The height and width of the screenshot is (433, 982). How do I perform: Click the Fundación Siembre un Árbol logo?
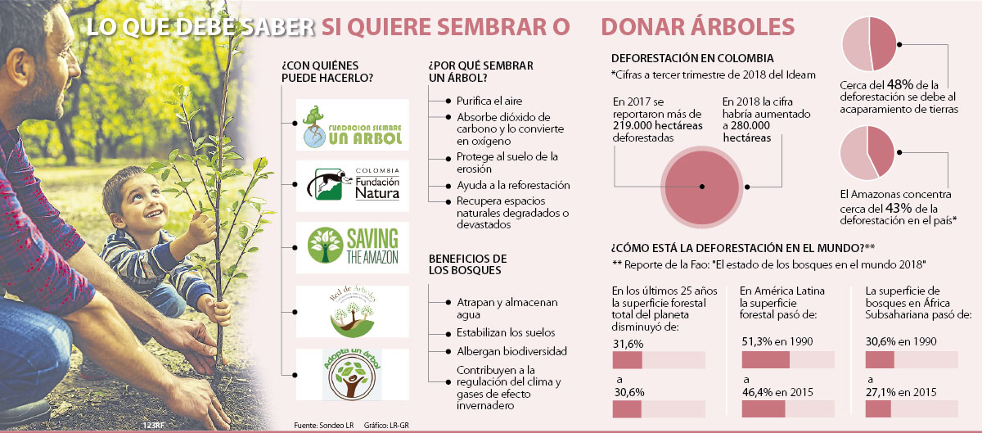point(353,125)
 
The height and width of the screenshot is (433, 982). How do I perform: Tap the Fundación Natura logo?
point(353,186)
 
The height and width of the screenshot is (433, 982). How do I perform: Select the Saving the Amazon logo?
point(353,247)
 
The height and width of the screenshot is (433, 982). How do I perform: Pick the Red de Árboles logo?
point(353,312)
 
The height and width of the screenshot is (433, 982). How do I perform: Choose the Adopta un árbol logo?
point(353,375)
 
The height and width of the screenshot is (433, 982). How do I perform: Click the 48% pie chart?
point(869,44)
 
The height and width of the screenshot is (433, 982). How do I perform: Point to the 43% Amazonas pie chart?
point(867,153)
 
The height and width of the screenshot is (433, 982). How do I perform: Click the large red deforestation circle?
point(702,187)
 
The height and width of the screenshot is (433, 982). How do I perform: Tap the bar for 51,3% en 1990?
point(788,359)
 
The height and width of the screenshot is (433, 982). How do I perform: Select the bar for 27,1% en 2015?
point(912,409)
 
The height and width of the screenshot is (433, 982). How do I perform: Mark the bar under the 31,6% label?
point(659,360)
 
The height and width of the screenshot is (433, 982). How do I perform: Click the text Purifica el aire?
point(489,101)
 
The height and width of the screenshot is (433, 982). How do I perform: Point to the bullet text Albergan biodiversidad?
point(511,351)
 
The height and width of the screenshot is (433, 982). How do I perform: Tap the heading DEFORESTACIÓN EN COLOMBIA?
point(692,58)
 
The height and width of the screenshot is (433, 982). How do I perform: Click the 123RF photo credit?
point(153,425)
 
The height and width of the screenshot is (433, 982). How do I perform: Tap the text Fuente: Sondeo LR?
point(323,425)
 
